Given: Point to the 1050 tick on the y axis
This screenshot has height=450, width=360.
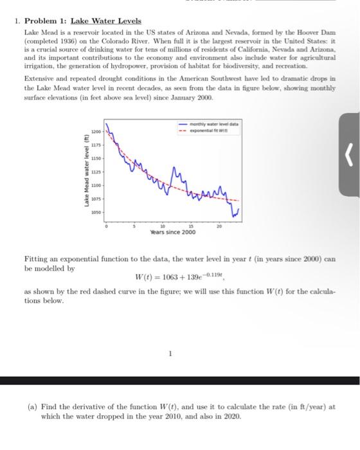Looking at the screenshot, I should point(96,212).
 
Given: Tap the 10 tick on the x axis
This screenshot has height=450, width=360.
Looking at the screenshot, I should point(163,226).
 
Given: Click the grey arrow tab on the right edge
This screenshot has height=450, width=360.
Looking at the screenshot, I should point(348,152).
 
